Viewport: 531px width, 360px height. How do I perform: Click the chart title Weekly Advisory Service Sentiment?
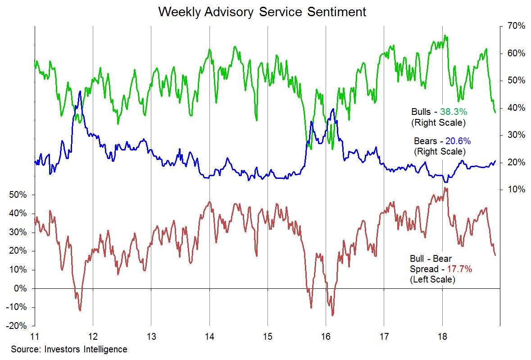262,12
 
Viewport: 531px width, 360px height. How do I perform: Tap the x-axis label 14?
209,336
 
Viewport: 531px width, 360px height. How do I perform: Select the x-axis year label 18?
442,336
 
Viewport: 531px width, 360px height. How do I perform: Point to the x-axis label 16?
326,336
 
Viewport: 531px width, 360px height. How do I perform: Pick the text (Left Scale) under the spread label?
432,279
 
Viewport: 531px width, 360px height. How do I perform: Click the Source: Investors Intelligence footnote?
69,349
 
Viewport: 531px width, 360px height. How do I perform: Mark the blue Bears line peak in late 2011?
80,91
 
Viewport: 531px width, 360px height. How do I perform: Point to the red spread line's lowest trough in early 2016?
333,315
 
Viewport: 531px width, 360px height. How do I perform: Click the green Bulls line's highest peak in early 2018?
445,36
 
